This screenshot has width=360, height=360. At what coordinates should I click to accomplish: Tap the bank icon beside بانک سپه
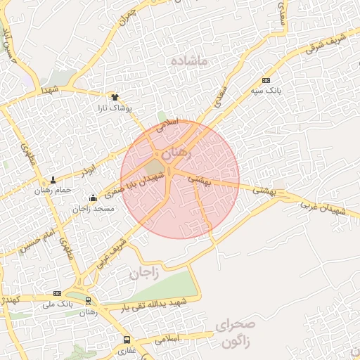point(266,80)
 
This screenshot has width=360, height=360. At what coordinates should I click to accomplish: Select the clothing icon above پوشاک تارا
point(115,97)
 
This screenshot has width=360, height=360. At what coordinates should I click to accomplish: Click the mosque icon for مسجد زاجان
point(94,198)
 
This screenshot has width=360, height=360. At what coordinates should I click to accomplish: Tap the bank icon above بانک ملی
point(58,293)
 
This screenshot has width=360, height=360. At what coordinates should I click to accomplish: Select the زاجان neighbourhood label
point(145,273)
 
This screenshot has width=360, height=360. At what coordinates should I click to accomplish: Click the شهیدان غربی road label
point(324,208)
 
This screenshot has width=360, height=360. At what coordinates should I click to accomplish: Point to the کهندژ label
point(7,300)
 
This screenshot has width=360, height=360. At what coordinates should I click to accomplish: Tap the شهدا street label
point(50,91)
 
